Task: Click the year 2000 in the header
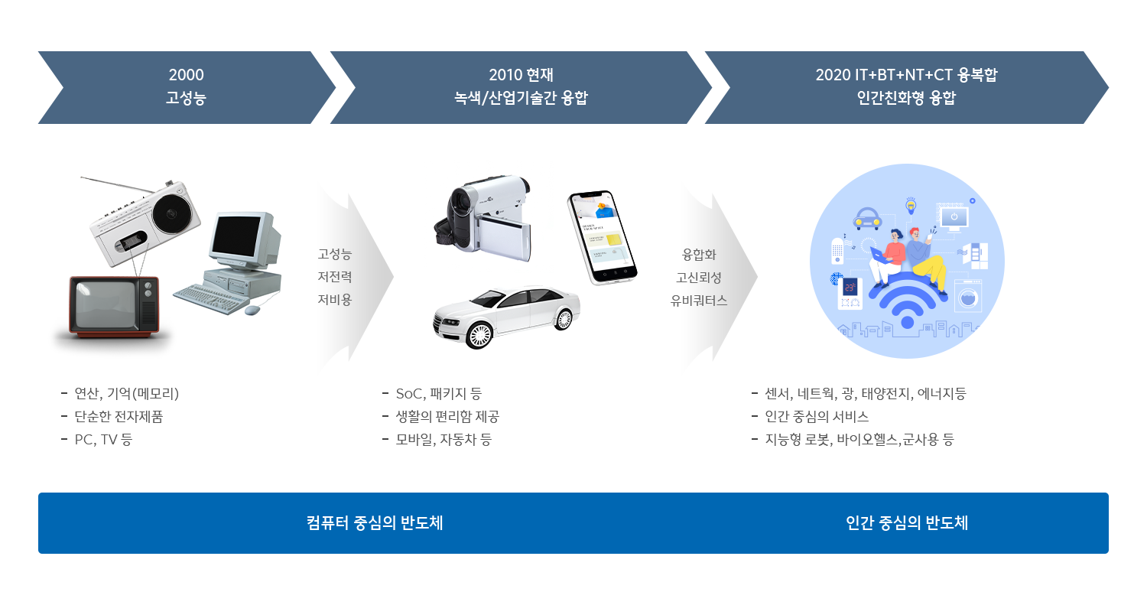coord(186,75)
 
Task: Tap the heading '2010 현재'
coord(521,75)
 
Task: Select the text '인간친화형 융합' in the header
coord(906,98)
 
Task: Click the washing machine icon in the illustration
coord(968,295)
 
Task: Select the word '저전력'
coord(335,277)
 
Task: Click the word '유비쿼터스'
coord(699,301)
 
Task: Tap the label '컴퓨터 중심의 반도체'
coord(375,523)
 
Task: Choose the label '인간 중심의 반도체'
coord(907,523)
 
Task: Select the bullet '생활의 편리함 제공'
coord(447,417)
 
